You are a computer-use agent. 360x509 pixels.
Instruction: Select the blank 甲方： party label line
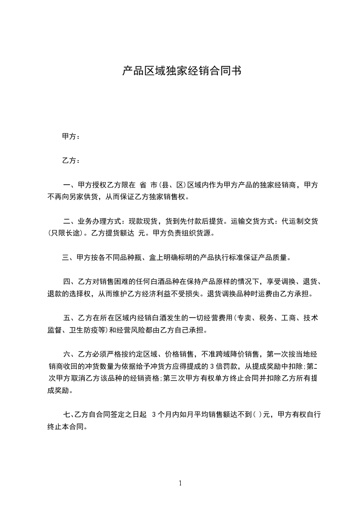pyautogui.click(x=71, y=137)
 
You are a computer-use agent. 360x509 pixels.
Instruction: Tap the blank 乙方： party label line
pyautogui.click(x=71, y=161)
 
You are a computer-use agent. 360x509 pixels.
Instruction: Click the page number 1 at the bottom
pyautogui.click(x=180, y=483)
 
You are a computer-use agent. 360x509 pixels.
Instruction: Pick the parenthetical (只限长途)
pyautogui.click(x=66, y=233)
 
